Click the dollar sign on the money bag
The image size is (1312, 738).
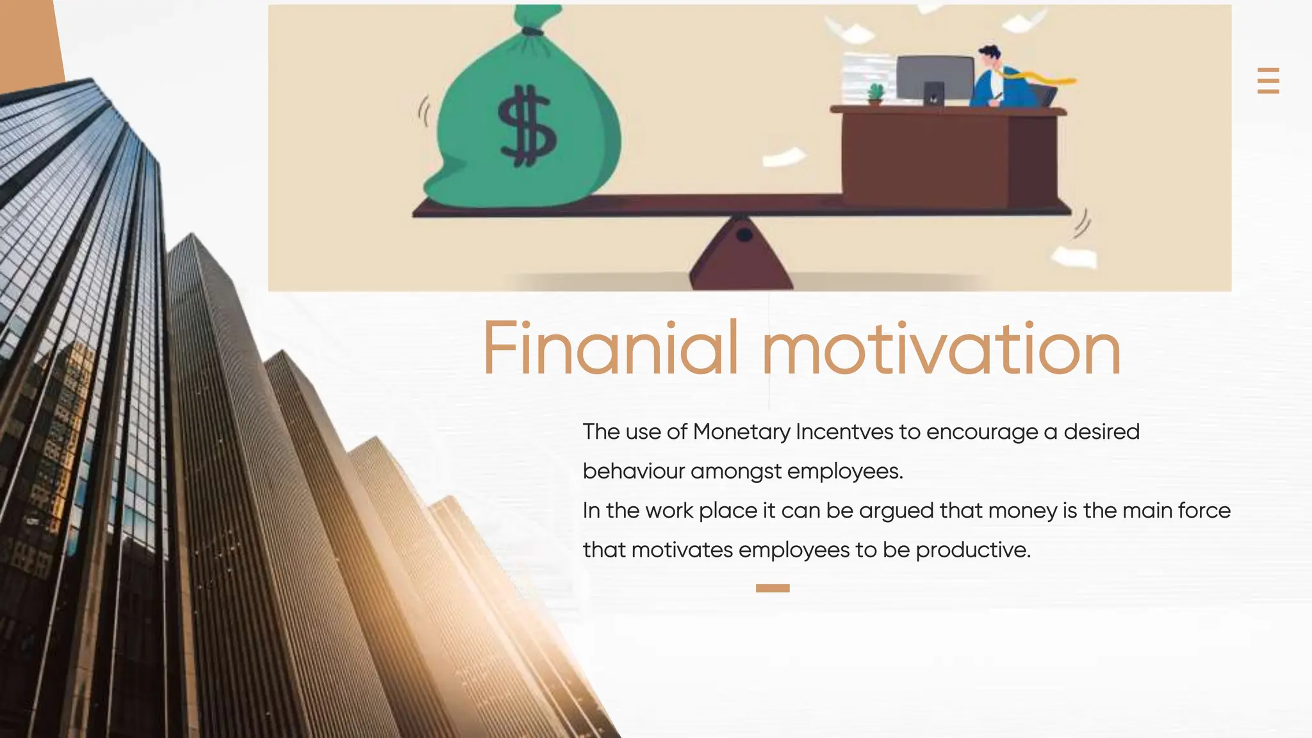[527, 126]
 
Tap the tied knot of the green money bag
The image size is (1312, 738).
[532, 31]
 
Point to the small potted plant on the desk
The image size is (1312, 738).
[875, 94]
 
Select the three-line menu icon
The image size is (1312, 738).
[1268, 81]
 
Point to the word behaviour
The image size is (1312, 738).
[634, 471]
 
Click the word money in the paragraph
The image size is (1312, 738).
[1022, 511]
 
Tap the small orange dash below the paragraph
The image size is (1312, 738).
[773, 588]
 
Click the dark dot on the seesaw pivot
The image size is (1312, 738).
[744, 235]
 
